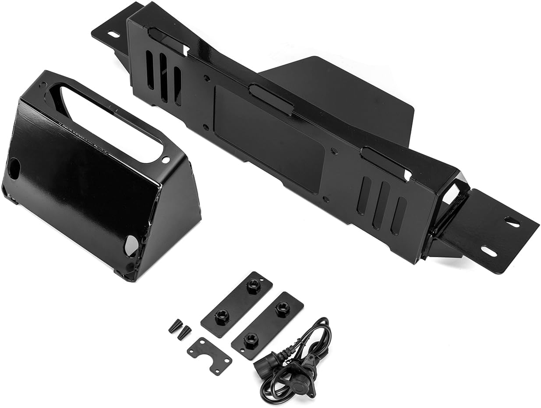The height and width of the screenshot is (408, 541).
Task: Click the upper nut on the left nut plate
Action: click(x=254, y=286)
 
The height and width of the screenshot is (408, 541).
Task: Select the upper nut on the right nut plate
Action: click(x=283, y=309)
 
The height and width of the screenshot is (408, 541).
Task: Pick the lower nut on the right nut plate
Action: click(x=250, y=341)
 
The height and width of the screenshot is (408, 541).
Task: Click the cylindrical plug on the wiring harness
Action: click(x=266, y=362)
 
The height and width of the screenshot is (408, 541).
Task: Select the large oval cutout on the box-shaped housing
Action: click(x=111, y=122)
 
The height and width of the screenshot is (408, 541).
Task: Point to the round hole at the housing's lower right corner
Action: click(x=131, y=246)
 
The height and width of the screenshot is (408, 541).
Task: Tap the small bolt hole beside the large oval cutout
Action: click(x=165, y=160)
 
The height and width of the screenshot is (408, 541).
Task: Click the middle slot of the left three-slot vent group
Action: click(x=163, y=78)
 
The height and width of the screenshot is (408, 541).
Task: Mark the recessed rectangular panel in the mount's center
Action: click(x=269, y=139)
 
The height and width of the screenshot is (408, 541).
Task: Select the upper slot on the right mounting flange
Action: click(x=512, y=222)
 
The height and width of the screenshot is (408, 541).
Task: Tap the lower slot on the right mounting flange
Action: click(x=488, y=251)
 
